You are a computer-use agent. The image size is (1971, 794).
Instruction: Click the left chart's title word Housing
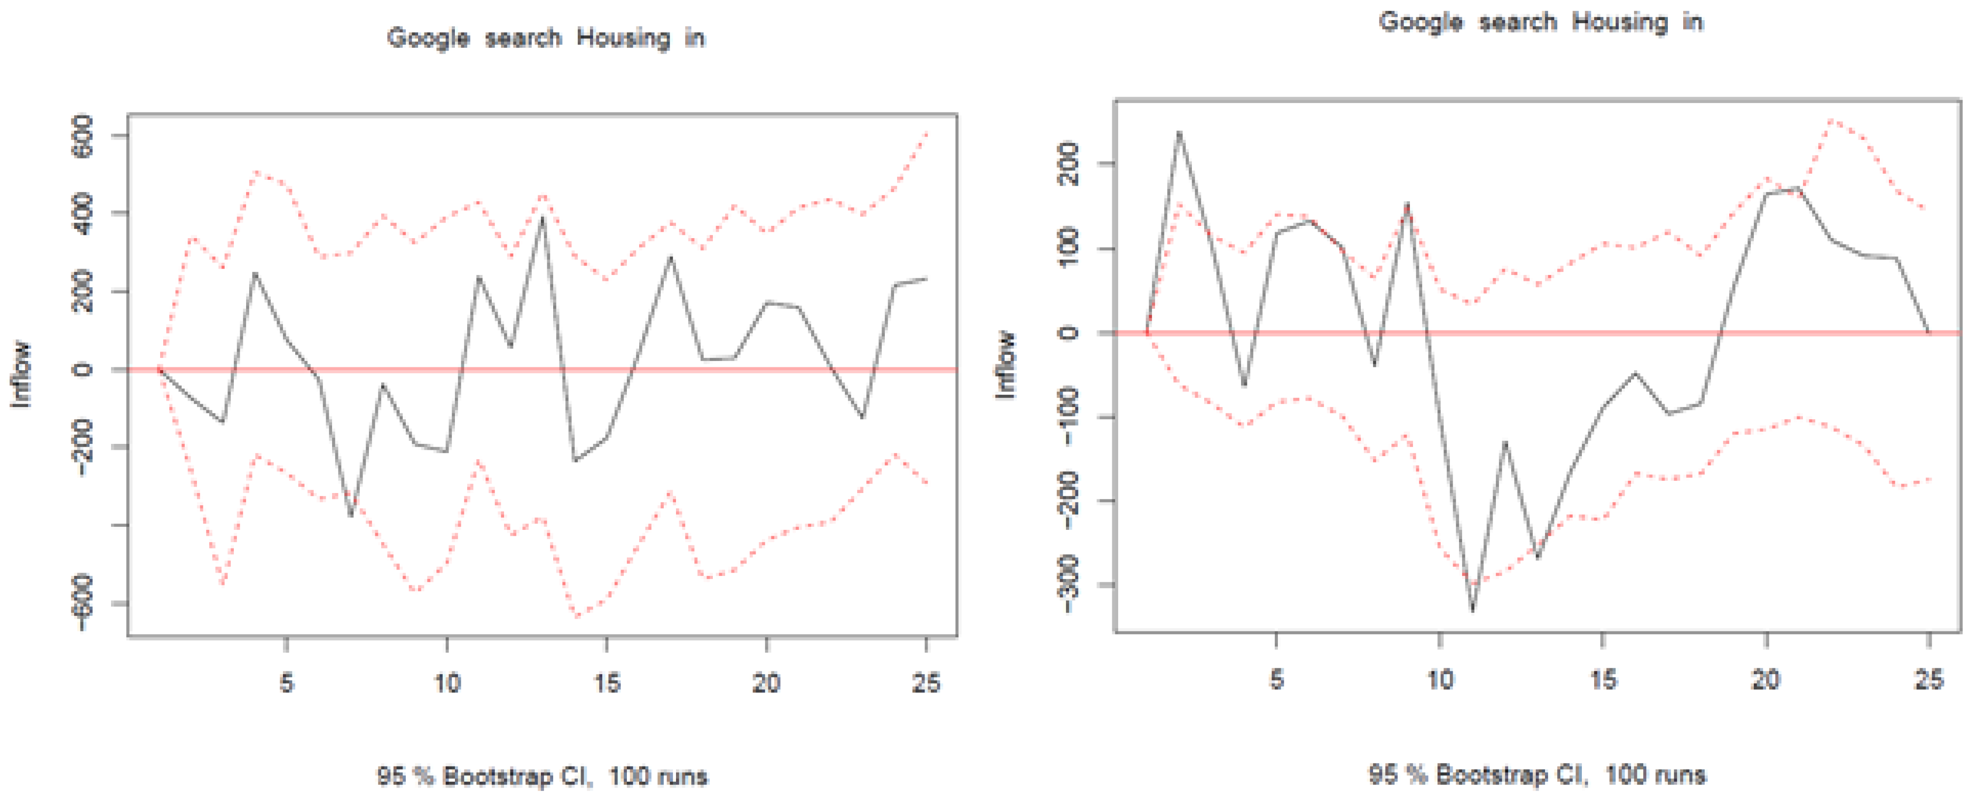623,37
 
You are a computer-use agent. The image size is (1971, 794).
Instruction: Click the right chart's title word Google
1420,22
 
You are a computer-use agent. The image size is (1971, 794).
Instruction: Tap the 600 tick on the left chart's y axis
81,136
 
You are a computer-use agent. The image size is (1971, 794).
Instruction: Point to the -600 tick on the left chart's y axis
81,603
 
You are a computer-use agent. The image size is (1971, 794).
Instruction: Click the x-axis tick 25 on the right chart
1928,679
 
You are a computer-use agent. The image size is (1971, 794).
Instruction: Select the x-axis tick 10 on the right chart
1440,679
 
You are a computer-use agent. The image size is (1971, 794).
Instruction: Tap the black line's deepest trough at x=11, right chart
1473,610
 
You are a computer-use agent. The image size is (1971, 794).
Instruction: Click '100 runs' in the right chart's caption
1655,775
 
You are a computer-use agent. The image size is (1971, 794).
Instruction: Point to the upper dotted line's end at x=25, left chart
927,133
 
